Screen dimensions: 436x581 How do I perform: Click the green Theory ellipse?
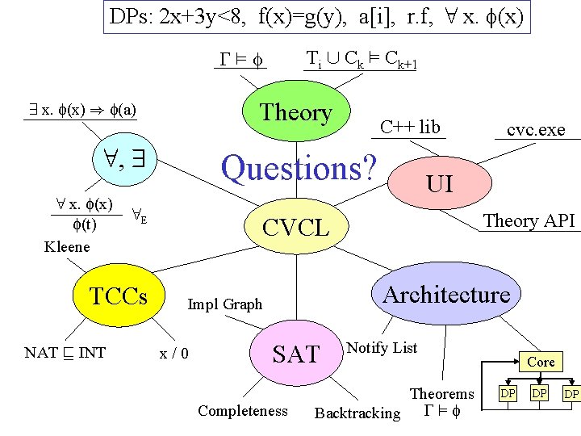[x=296, y=113]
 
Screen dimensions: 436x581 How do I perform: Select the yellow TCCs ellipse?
[x=119, y=296]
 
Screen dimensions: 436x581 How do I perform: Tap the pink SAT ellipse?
[x=296, y=354]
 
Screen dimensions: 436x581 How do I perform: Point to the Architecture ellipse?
[x=446, y=295]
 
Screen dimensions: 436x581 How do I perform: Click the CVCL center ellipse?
[x=297, y=228]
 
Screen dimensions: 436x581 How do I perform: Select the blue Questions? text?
[x=299, y=168]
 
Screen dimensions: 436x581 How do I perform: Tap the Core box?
[x=541, y=362]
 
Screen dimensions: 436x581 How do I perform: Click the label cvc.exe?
[x=536, y=130]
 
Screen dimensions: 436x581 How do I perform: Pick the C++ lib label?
[x=410, y=127]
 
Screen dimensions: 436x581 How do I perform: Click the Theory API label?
[x=529, y=220]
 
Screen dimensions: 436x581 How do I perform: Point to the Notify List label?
[x=382, y=348]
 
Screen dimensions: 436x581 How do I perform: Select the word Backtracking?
[x=357, y=413]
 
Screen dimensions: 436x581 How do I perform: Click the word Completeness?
[x=243, y=411]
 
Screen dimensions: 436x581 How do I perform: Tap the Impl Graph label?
[x=225, y=304]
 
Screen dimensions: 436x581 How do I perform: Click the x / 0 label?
[x=175, y=353]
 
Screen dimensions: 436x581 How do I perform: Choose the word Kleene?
[x=67, y=246]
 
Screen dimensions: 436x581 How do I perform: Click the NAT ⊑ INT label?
[x=65, y=353]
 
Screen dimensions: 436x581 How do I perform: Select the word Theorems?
[x=442, y=394]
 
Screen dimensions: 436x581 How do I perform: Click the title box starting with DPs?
[x=318, y=17]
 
